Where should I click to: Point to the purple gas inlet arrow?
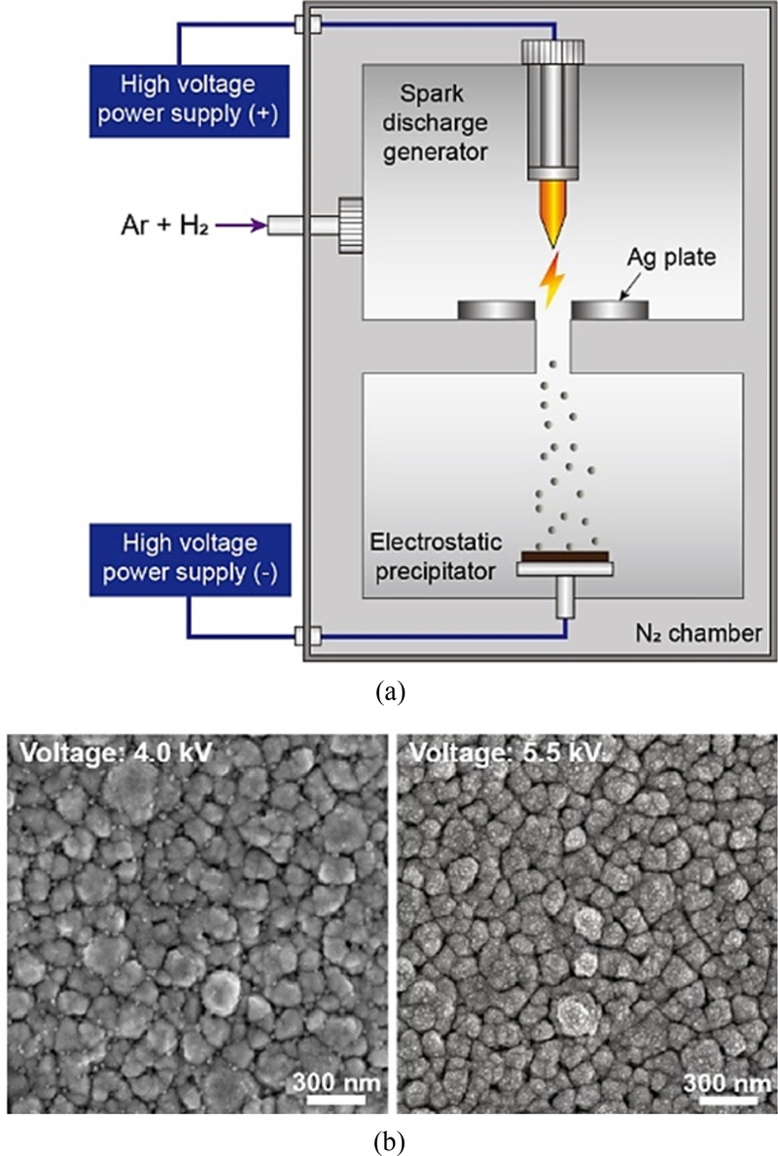click(240, 227)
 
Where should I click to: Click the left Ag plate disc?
click(496, 310)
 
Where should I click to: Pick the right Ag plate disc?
click(610, 310)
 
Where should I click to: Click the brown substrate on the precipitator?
click(565, 556)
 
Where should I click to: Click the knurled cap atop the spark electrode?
click(551, 52)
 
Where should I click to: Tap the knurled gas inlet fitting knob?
click(349, 226)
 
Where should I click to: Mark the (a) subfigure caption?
click(389, 691)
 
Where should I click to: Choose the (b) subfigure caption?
click(389, 1137)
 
